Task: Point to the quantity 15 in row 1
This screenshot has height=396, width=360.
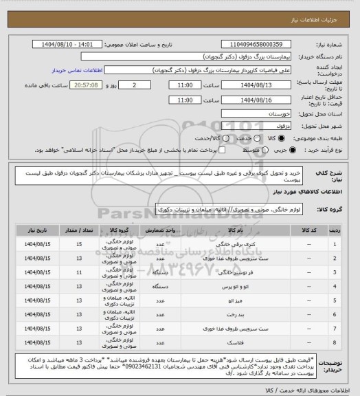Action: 80,244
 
